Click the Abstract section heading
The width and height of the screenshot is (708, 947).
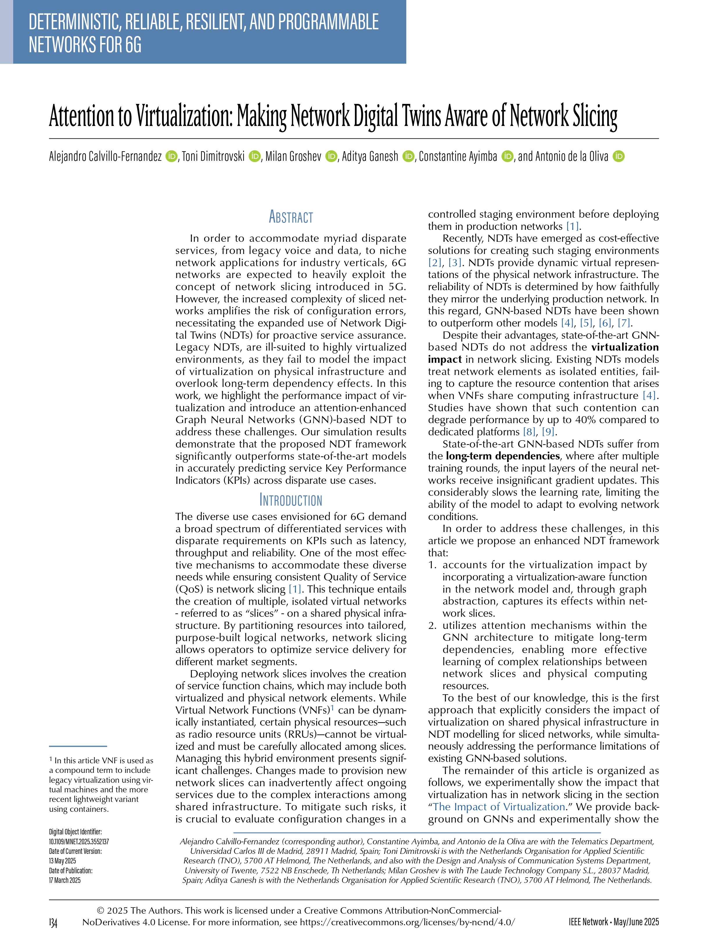tap(291, 217)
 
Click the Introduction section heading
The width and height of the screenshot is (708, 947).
tap(291, 500)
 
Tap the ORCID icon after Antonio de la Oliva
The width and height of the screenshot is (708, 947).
tap(619, 157)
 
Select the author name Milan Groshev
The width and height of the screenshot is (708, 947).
tap(293, 157)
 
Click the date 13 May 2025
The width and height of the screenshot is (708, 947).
tap(62, 861)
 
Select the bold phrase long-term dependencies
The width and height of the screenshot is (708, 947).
tap(502, 456)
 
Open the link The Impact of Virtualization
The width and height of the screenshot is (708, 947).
tap(499, 807)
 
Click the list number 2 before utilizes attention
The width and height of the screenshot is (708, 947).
tap(432, 625)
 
